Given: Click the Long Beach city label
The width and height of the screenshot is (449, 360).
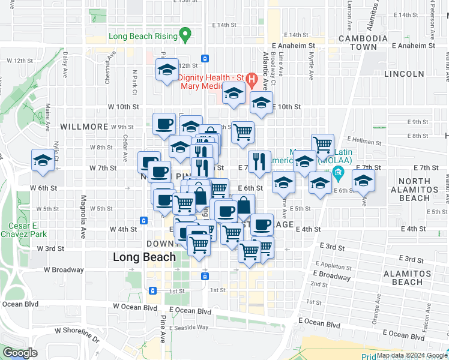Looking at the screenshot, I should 145,257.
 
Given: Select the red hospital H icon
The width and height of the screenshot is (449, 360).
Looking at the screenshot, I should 252,79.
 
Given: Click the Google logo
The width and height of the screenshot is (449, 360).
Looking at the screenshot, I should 19,353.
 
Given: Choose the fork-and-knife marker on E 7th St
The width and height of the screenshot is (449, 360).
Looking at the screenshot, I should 259,161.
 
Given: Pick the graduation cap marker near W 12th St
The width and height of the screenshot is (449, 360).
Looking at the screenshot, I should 167,70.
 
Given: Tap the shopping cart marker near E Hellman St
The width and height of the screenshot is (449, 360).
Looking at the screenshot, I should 322,145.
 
